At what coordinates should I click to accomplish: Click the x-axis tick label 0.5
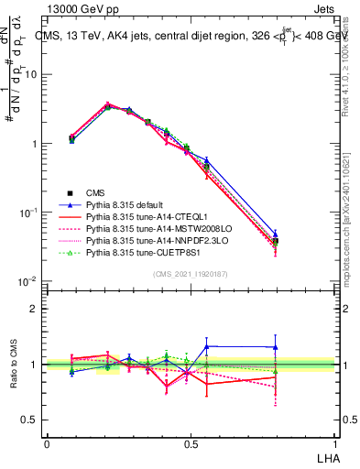191,443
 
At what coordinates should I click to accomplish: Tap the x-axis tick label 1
333,443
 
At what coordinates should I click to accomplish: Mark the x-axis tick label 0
47,443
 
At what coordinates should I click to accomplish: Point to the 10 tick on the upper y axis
32,75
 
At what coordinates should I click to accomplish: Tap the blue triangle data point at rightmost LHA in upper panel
276,234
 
